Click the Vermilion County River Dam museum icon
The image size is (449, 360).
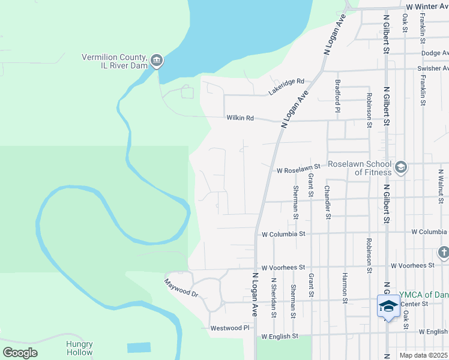coord(157,61)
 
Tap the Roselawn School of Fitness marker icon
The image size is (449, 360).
coord(401,167)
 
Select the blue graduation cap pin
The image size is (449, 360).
coord(388,306)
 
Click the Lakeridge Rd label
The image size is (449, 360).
coord(287,87)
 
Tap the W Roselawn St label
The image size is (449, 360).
coord(300,170)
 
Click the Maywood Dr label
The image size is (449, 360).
coord(181,289)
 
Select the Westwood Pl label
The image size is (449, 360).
coord(229,328)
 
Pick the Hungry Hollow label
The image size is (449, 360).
coord(79,348)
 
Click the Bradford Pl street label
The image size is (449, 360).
coord(338,95)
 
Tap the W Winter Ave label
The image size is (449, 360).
coord(427,6)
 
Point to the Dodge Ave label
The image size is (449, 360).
coord(435,53)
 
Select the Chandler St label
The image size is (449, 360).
coord(327,202)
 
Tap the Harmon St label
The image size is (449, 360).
coord(345,287)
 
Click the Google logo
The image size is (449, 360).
coord(20,353)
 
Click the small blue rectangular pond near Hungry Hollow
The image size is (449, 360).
coord(139,347)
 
